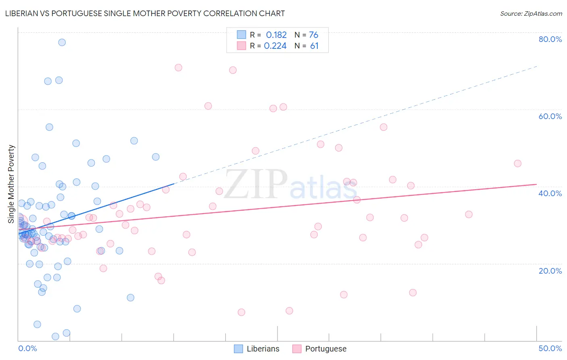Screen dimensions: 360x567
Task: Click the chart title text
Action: (x=145, y=13)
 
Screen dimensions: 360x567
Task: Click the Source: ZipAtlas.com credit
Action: (x=531, y=13)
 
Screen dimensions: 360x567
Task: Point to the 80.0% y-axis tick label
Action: (x=550, y=39)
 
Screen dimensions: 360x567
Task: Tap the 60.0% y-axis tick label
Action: (x=550, y=116)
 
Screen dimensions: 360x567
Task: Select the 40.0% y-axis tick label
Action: (x=550, y=193)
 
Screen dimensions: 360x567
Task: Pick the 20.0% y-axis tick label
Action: (x=550, y=270)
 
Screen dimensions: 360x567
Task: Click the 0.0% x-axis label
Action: (x=27, y=348)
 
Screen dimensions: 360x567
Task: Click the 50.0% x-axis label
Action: (x=550, y=348)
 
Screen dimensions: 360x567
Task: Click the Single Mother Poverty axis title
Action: (x=11, y=184)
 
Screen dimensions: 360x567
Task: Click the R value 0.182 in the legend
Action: (x=276, y=35)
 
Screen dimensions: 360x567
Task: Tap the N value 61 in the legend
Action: (x=314, y=46)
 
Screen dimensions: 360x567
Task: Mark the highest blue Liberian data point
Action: (x=62, y=42)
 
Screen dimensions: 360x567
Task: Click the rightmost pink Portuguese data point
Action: (x=517, y=163)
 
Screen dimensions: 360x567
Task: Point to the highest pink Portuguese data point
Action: (x=178, y=67)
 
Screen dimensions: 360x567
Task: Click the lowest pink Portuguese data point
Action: (x=241, y=312)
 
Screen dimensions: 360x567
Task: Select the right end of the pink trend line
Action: (x=536, y=184)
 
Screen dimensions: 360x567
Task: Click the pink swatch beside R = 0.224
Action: (x=241, y=46)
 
